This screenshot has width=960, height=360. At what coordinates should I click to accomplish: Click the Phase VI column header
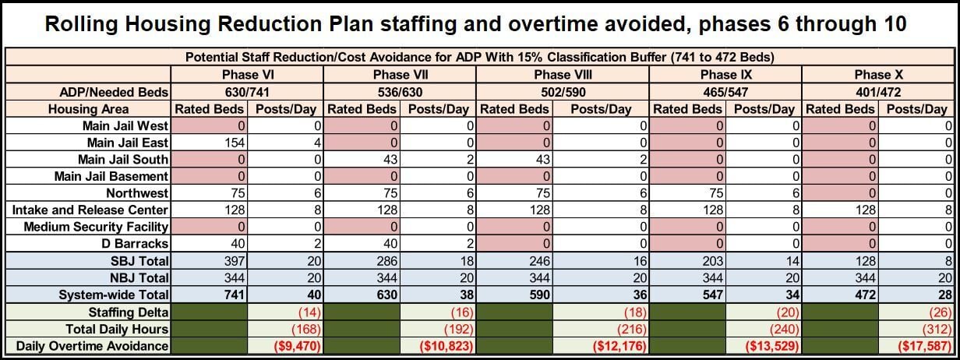click(x=247, y=75)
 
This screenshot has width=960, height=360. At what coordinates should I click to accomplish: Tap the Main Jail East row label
click(x=126, y=142)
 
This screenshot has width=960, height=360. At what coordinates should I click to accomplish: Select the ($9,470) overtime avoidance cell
click(x=284, y=344)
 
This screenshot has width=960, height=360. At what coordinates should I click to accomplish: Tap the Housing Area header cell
click(x=88, y=108)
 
